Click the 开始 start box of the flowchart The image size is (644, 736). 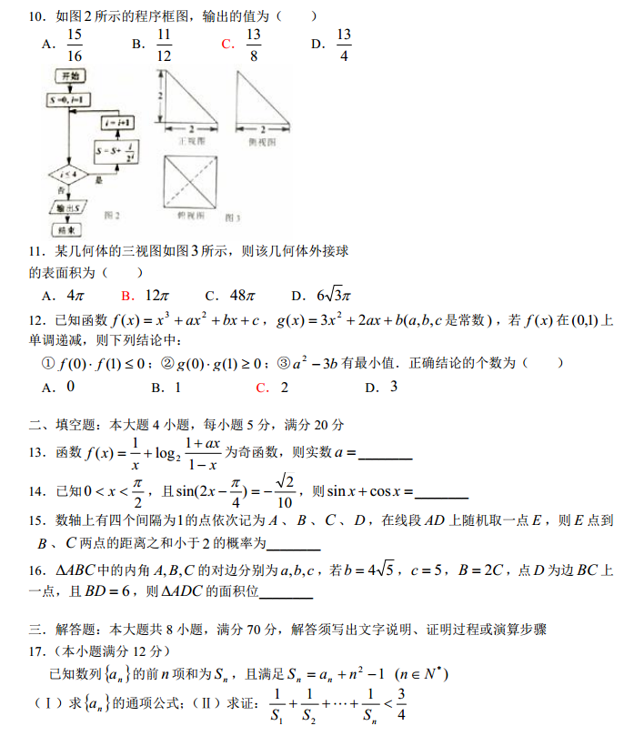click(x=68, y=76)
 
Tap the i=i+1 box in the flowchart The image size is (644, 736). click(x=116, y=121)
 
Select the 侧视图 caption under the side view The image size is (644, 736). click(x=262, y=143)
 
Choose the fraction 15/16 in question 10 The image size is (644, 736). click(x=75, y=44)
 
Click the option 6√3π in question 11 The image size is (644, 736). click(x=333, y=296)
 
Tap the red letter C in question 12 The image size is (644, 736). click(x=262, y=388)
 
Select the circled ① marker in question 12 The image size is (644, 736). click(x=50, y=363)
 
